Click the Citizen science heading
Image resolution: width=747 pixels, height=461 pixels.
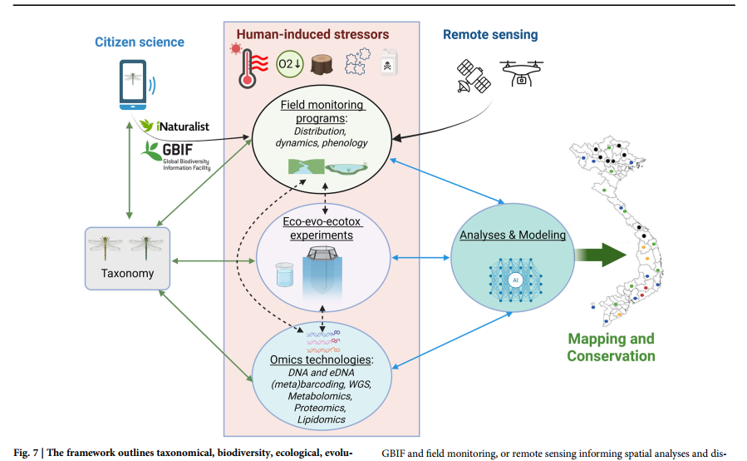pyautogui.click(x=140, y=42)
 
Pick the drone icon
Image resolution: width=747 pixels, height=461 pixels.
pyautogui.click(x=520, y=72)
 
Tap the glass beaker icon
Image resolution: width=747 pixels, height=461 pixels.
pyautogui.click(x=285, y=275)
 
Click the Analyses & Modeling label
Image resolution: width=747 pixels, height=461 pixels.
pyautogui.click(x=513, y=235)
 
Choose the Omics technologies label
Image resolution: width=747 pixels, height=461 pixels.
pyautogui.click(x=322, y=359)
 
